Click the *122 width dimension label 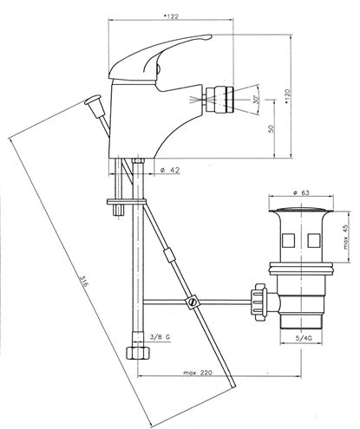(171, 16)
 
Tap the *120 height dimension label (286, 96)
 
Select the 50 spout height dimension (271, 129)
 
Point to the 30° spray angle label (255, 100)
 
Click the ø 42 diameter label (170, 170)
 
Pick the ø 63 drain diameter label (301, 192)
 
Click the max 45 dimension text (346, 237)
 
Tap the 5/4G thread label (301, 339)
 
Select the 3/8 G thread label (160, 336)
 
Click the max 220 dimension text (198, 373)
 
